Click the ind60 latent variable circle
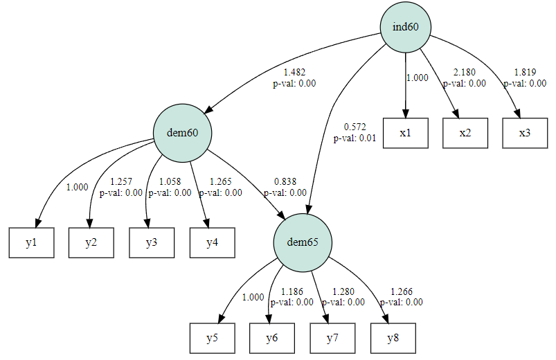(405, 27)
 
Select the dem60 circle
(182, 133)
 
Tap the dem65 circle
(303, 242)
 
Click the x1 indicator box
(405, 133)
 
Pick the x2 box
(465, 133)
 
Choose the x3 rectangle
(525, 133)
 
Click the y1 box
(31, 242)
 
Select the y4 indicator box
(212, 242)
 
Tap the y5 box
(212, 338)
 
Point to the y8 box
(393, 338)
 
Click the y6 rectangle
(272, 338)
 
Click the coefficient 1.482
(294, 73)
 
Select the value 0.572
(355, 127)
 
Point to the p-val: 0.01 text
(355, 138)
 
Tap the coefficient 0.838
(285, 182)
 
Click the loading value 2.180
(465, 73)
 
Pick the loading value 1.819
(525, 73)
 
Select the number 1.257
(121, 182)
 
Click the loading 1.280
(343, 291)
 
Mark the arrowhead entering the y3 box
(147, 224)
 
